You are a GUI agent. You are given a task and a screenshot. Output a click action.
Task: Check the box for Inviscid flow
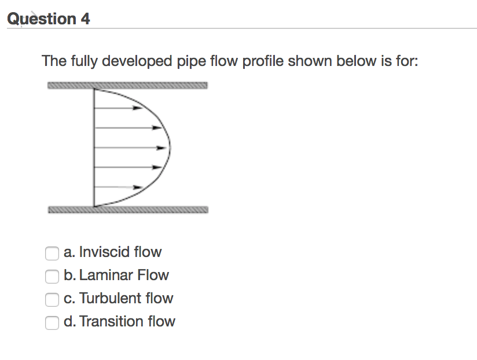52,253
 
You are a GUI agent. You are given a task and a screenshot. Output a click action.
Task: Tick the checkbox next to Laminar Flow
52,276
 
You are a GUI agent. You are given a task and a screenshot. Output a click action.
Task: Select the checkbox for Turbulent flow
52,299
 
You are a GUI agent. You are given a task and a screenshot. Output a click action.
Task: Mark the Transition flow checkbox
52,322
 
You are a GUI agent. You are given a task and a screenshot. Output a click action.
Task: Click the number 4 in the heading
85,19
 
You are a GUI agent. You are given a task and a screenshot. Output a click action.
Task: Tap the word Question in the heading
41,19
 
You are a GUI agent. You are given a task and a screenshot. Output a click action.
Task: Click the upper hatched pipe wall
127,86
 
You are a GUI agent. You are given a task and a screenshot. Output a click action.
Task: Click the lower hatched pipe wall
127,210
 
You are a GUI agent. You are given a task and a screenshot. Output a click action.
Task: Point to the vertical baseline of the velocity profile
94,148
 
